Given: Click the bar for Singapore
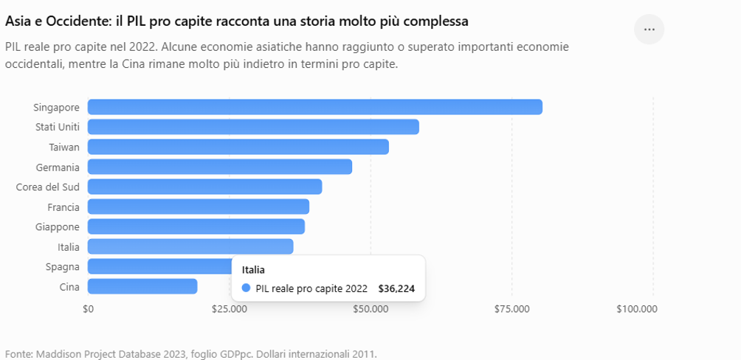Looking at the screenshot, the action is (x=314, y=107).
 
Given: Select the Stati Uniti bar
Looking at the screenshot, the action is (x=253, y=127).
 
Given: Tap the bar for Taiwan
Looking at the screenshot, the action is (x=238, y=147).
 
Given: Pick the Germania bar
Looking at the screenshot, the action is (x=220, y=167).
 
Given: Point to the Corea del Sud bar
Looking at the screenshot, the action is (x=204, y=187).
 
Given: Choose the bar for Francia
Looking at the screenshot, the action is (x=199, y=207).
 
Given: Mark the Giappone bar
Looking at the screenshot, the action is (x=196, y=226).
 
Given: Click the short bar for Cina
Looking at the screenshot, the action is (x=142, y=286).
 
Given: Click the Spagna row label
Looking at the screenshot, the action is (x=63, y=267).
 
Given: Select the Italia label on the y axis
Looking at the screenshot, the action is (x=69, y=246).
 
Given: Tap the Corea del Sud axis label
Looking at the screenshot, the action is (x=48, y=187).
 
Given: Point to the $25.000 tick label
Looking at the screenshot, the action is (x=230, y=309).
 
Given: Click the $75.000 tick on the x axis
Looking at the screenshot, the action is (x=511, y=309).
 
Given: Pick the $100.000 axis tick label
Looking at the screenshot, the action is (x=637, y=309).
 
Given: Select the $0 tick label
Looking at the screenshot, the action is (x=88, y=309).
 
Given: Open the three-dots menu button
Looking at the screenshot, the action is (x=649, y=30).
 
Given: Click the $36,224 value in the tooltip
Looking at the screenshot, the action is (x=396, y=288).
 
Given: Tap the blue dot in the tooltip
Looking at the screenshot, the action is (x=246, y=288).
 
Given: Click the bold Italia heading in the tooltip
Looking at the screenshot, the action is (x=253, y=270).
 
